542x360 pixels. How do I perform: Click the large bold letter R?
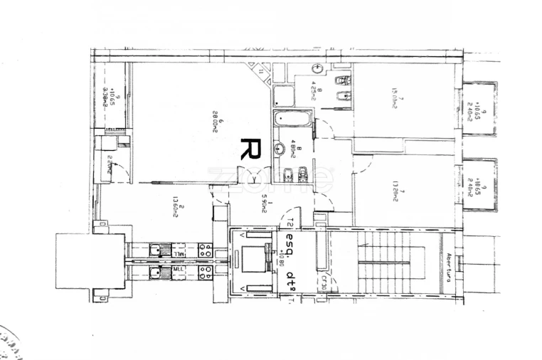point(249,149)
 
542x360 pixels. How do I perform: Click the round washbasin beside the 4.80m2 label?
point(280,149)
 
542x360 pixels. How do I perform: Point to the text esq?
point(290,241)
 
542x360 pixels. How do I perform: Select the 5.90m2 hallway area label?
point(264,203)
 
